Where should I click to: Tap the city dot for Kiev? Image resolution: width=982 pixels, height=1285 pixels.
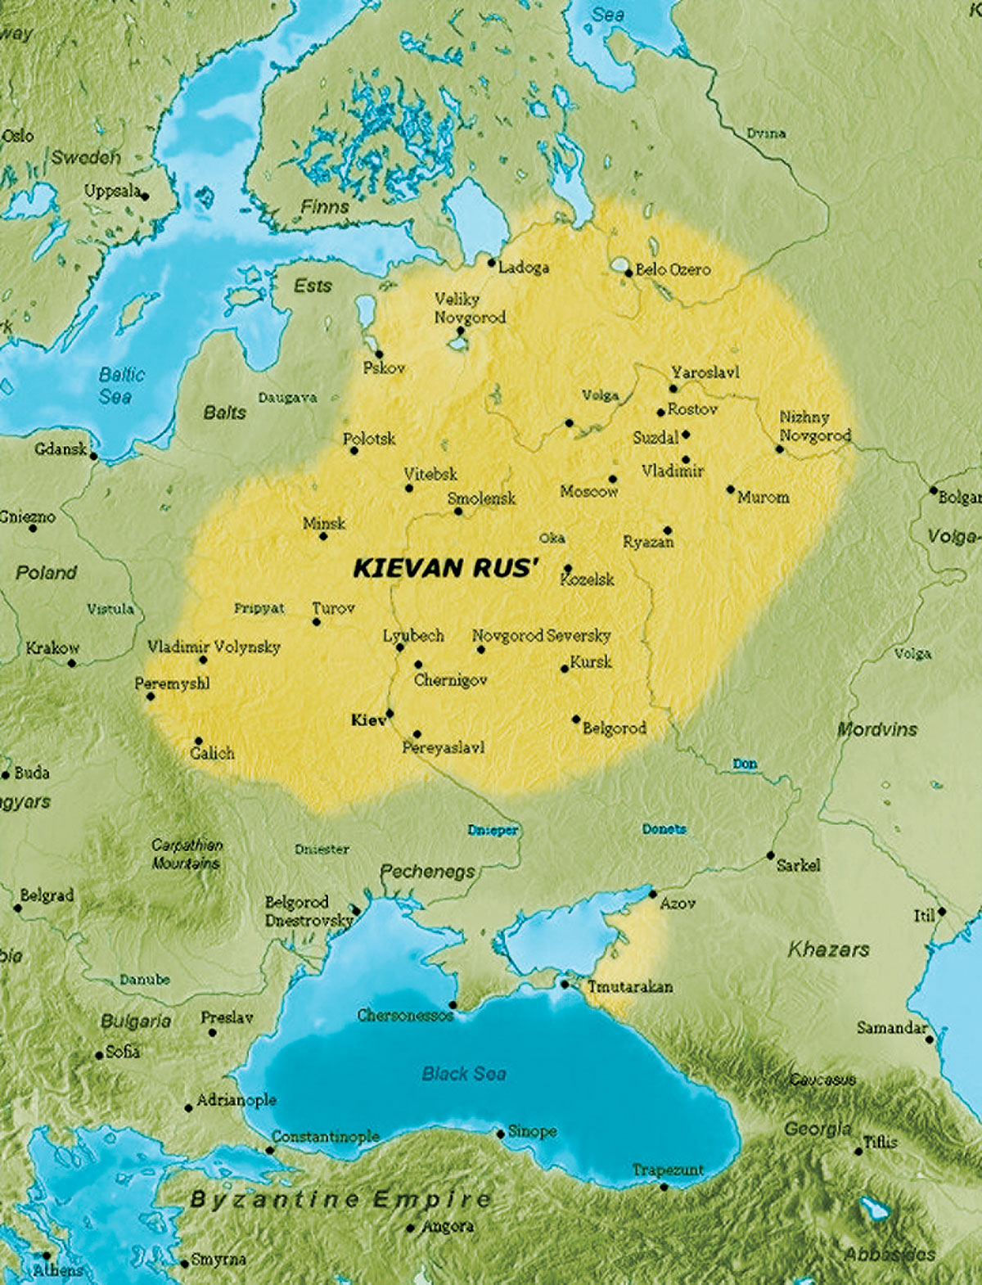click(x=390, y=714)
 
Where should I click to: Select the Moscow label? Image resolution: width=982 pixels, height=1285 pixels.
click(x=588, y=491)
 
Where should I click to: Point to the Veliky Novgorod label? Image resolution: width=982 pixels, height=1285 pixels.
click(x=469, y=308)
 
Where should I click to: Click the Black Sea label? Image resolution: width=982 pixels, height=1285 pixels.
click(x=464, y=1073)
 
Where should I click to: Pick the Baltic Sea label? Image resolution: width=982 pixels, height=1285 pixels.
click(x=121, y=385)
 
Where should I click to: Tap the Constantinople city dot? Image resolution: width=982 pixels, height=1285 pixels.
click(x=270, y=1150)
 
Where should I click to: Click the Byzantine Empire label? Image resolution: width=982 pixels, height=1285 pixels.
click(x=340, y=1200)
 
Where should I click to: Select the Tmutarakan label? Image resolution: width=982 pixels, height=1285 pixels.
click(x=630, y=986)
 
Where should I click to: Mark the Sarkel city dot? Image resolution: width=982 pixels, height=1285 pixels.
click(x=770, y=855)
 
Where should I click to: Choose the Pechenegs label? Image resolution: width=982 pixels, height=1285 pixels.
click(x=427, y=872)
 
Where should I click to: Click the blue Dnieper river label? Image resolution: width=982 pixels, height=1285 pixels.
click(x=493, y=830)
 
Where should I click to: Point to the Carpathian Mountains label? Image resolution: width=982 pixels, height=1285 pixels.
click(x=187, y=854)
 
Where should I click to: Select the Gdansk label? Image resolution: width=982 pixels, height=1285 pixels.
click(x=60, y=449)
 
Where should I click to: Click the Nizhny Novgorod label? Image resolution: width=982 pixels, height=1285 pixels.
click(x=814, y=426)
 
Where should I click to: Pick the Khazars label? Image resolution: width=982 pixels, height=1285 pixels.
click(x=828, y=949)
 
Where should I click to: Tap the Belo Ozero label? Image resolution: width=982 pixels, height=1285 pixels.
click(x=673, y=269)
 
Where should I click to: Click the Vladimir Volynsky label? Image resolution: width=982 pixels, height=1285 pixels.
click(x=214, y=647)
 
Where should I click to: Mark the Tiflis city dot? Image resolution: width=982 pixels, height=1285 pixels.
click(x=858, y=1151)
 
